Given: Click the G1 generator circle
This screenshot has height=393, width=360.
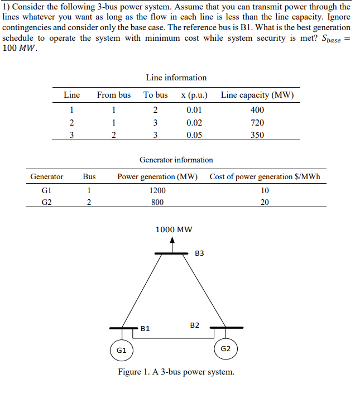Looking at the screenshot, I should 121,350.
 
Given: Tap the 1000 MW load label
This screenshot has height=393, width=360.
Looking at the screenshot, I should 174,229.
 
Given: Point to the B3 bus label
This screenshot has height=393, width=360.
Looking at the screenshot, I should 200,253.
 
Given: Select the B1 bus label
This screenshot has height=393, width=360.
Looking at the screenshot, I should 145,329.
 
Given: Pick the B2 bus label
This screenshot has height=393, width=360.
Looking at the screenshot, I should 195,324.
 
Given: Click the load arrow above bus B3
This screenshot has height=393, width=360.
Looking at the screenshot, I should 173,244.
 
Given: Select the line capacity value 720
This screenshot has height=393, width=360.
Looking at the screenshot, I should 257,122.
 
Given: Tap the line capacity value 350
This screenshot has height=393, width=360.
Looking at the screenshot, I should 257,135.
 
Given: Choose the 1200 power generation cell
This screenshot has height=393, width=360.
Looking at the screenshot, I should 157,190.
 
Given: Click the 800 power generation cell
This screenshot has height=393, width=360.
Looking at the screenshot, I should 157,203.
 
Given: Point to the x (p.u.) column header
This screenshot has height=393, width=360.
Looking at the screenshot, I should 194,95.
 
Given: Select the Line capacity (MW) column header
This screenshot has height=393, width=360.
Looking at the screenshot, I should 257,95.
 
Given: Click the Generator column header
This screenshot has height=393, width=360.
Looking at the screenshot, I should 47,177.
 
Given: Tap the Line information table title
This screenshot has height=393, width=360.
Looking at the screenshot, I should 176,78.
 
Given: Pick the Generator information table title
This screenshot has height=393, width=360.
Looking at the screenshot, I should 176,160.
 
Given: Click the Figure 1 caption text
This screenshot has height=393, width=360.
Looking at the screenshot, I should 176,372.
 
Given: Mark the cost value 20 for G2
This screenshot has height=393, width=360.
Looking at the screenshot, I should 265,203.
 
